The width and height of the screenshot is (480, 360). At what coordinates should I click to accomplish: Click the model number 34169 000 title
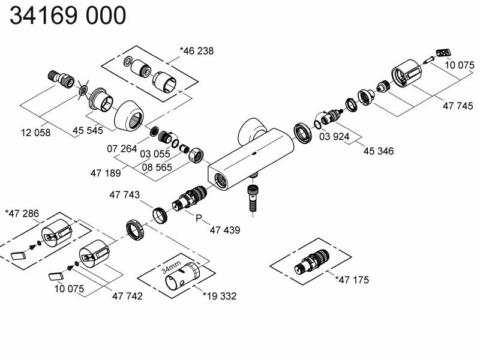tap(68, 16)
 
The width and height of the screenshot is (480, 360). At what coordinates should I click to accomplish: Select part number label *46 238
tap(196, 51)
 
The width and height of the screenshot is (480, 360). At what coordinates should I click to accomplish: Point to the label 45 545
tap(88, 130)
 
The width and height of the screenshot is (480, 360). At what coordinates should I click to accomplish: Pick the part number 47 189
tap(106, 173)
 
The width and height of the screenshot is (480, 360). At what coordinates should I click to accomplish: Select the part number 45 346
tap(379, 151)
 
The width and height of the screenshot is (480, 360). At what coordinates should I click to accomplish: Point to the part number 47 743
tap(125, 195)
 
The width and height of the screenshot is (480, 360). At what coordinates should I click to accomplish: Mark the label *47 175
tap(352, 280)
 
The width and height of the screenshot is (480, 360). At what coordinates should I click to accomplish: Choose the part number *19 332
tap(220, 296)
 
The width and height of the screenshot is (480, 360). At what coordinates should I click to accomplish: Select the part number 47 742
tap(127, 296)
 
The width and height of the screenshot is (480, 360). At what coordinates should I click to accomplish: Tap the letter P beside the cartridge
tap(200, 218)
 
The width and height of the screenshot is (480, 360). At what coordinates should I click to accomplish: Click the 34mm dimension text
tap(171, 266)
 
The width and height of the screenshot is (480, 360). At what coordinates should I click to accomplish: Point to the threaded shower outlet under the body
tap(253, 196)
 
